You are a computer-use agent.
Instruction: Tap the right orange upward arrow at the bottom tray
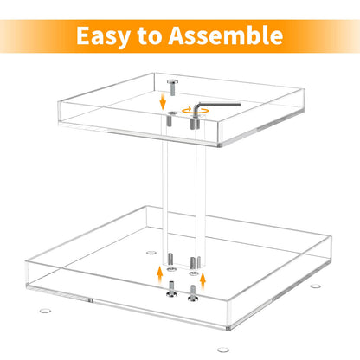pyautogui.click(x=203, y=278)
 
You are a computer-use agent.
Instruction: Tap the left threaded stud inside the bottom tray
pyautogui.click(x=171, y=259)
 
